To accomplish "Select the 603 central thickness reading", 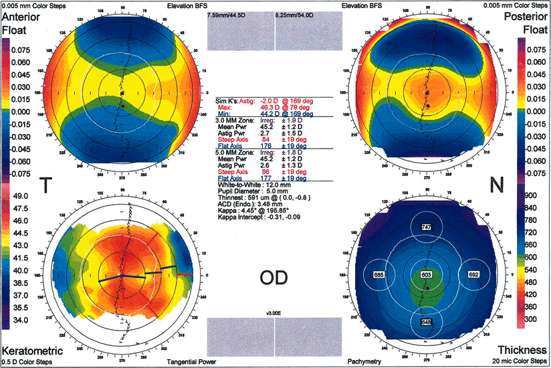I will (425, 275).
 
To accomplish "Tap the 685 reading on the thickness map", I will (378, 275).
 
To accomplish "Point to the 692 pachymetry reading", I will (474, 275).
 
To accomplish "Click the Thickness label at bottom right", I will (523, 351).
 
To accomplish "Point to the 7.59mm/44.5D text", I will (229, 14).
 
